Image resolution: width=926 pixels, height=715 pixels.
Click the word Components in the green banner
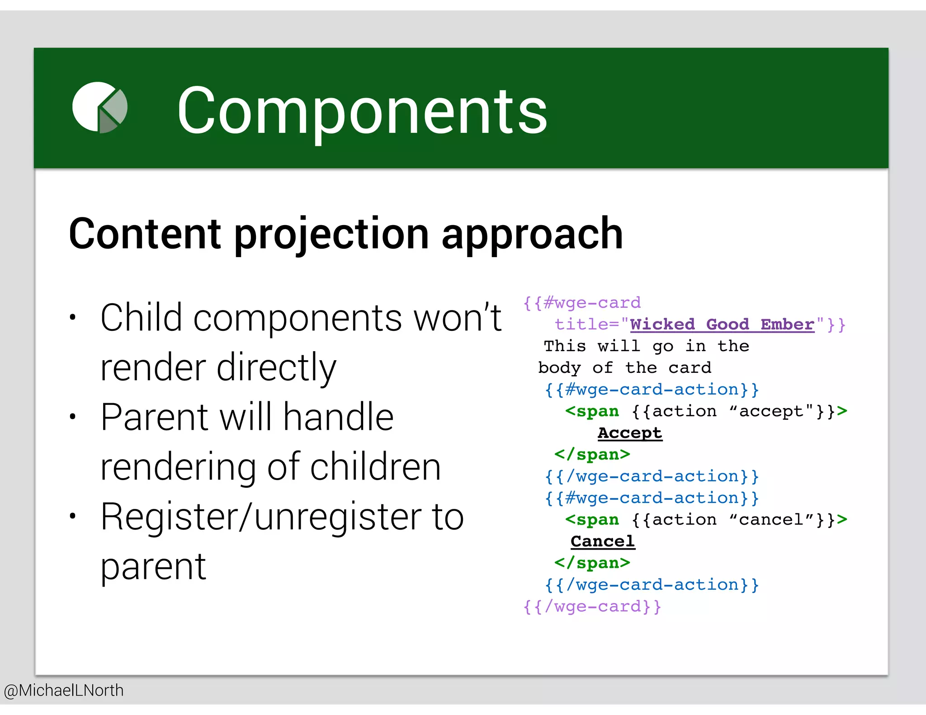(x=362, y=111)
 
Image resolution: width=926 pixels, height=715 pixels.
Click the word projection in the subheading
(x=331, y=234)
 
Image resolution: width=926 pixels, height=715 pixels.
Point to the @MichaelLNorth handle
(x=64, y=690)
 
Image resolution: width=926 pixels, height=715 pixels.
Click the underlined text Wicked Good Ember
(x=722, y=324)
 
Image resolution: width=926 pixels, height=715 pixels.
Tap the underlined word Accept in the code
(x=630, y=433)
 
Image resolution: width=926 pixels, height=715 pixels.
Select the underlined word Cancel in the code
(x=603, y=541)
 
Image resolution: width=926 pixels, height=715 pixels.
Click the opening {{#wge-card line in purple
(x=582, y=302)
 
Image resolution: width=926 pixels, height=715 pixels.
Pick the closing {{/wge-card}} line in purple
(x=592, y=606)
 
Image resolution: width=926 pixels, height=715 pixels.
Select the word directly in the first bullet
(x=276, y=367)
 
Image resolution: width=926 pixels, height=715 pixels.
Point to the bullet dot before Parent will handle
(x=72, y=416)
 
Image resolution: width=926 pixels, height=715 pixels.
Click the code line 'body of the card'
(x=624, y=367)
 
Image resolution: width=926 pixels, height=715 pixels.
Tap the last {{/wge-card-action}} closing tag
(x=652, y=584)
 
